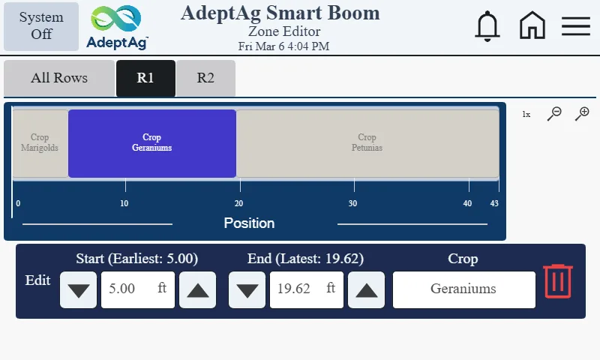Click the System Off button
(41, 26)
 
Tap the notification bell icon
(487, 26)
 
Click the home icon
(532, 26)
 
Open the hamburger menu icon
(576, 26)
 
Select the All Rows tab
(59, 78)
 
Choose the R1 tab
(145, 78)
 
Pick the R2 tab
(205, 78)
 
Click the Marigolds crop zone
(40, 142)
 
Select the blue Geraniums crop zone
(152, 142)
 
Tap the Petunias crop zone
(367, 142)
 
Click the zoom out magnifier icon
(554, 114)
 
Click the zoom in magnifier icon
(582, 114)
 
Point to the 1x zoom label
(526, 115)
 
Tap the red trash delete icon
(558, 281)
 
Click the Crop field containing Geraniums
(463, 289)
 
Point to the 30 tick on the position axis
(353, 202)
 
